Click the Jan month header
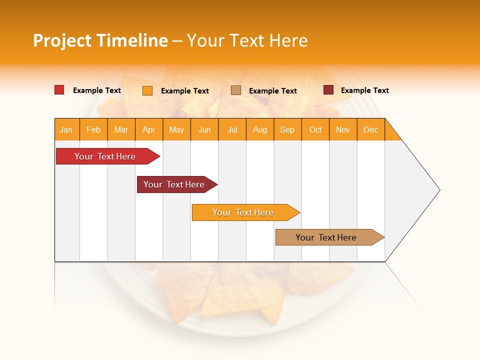(x=66, y=129)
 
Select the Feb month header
(x=93, y=129)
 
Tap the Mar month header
(x=121, y=129)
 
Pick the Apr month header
(x=149, y=129)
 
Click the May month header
(x=176, y=129)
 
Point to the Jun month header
(x=204, y=129)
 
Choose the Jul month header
(x=232, y=129)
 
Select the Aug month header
(x=260, y=129)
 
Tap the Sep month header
(x=287, y=129)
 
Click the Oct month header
(x=315, y=129)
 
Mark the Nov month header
(x=343, y=129)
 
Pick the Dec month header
(x=371, y=129)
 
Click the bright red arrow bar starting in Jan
(x=105, y=156)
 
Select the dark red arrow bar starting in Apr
(x=174, y=184)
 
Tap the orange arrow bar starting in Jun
(x=243, y=212)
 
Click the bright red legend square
(x=59, y=90)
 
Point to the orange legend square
(x=147, y=90)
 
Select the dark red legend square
(x=328, y=90)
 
